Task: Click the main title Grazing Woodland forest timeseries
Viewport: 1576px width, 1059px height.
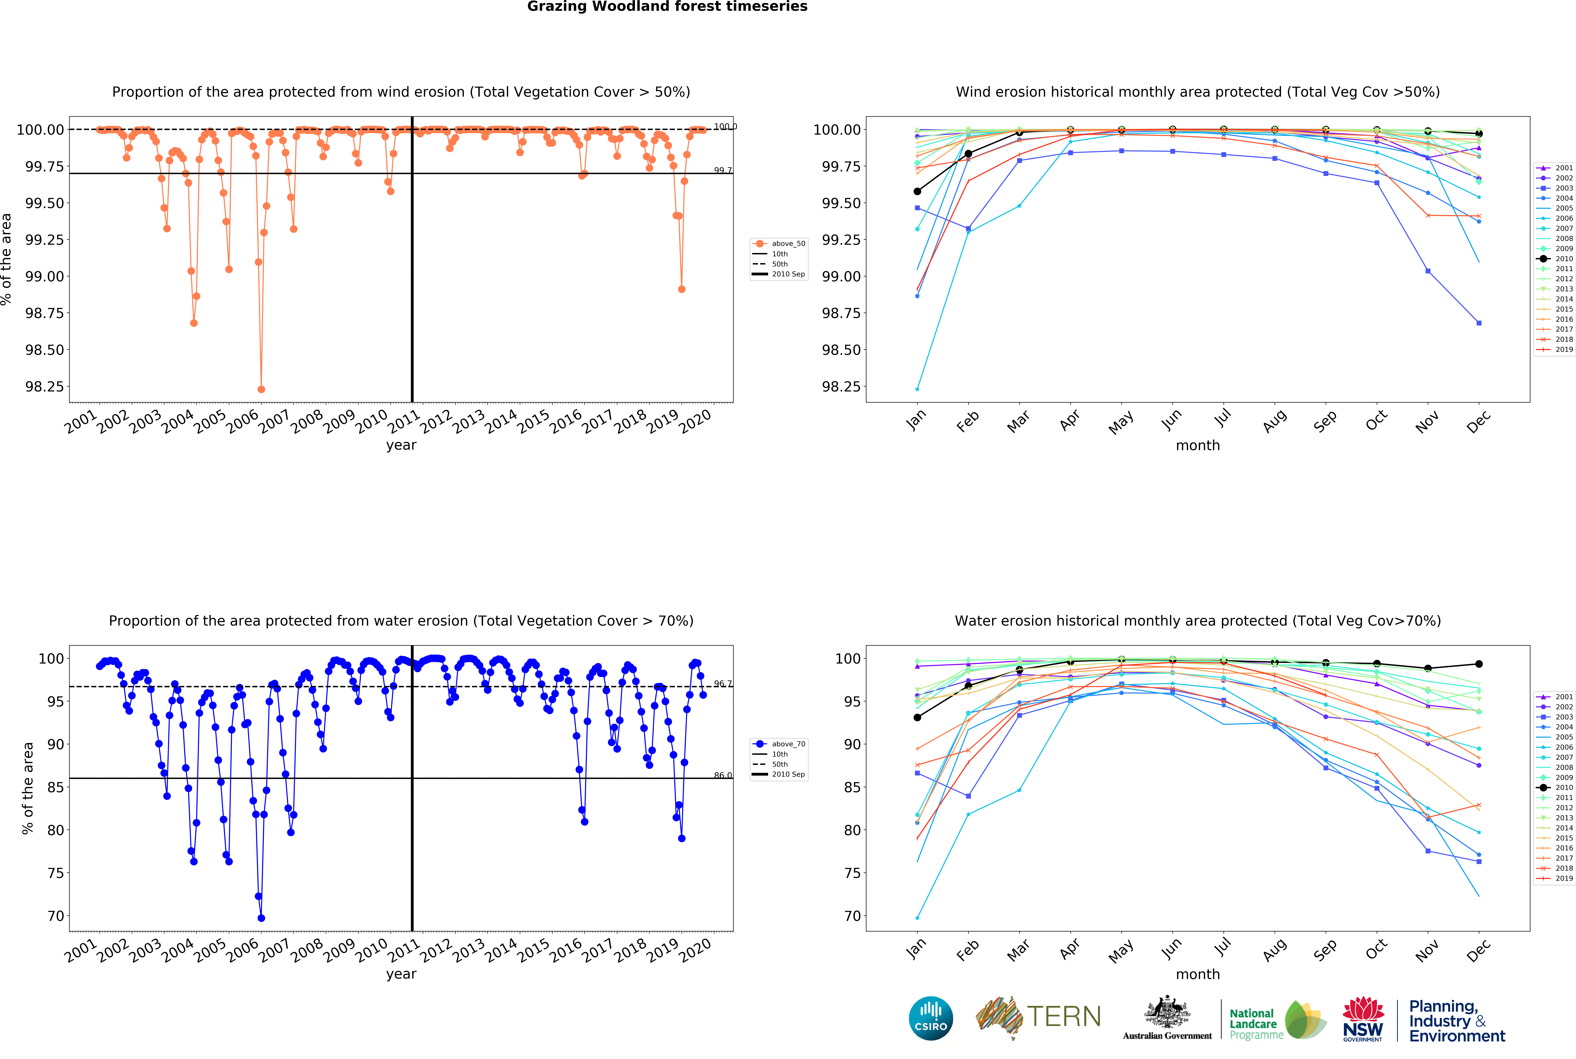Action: coord(667,7)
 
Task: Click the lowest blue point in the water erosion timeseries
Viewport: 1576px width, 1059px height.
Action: coord(261,918)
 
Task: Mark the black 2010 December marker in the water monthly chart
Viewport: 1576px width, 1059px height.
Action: coord(1479,664)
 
